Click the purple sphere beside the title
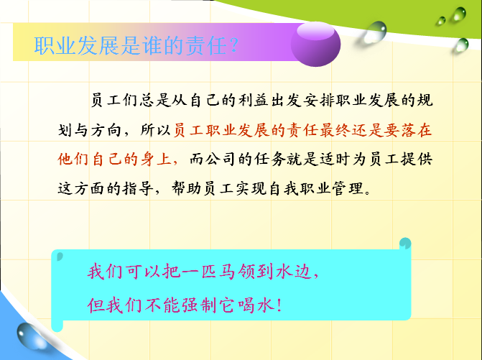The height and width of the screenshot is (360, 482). [315, 45]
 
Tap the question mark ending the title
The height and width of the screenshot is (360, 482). [233, 46]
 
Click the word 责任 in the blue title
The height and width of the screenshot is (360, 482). [206, 46]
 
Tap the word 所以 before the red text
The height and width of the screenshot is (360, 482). [156, 130]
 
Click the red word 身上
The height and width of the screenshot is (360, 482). [156, 160]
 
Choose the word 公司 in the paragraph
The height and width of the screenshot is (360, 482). [221, 160]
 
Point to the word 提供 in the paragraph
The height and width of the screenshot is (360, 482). [417, 160]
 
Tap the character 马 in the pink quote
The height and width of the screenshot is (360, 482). [227, 272]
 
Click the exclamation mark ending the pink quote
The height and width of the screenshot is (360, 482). [279, 305]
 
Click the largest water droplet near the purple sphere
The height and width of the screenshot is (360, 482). [375, 32]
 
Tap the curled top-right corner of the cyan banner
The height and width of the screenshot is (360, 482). [405, 244]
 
